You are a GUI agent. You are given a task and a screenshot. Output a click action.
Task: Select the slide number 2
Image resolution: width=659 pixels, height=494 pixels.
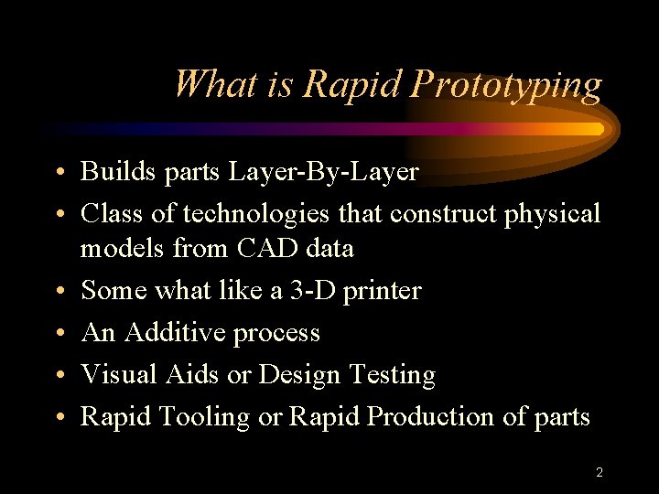[x=599, y=473]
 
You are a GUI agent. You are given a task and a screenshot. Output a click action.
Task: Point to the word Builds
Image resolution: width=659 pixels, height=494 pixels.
[x=113, y=172]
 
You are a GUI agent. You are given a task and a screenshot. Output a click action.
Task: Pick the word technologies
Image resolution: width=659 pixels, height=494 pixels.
[x=259, y=214]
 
